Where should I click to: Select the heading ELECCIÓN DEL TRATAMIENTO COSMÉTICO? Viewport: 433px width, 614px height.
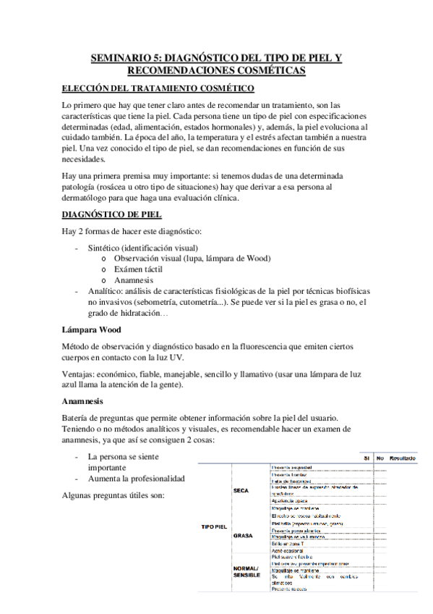(158, 89)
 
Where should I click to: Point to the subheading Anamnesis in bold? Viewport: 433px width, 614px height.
(83, 400)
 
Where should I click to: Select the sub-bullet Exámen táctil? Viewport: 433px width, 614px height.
(140, 269)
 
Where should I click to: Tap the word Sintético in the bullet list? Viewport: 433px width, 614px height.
(106, 247)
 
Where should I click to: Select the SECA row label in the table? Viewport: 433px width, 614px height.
(241, 490)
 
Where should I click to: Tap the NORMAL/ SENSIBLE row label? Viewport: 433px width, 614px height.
(246, 573)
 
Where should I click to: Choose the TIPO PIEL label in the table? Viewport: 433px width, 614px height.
(214, 526)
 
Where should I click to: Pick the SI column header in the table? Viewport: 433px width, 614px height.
(367, 459)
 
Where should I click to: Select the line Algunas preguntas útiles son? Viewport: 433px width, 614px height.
(113, 495)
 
